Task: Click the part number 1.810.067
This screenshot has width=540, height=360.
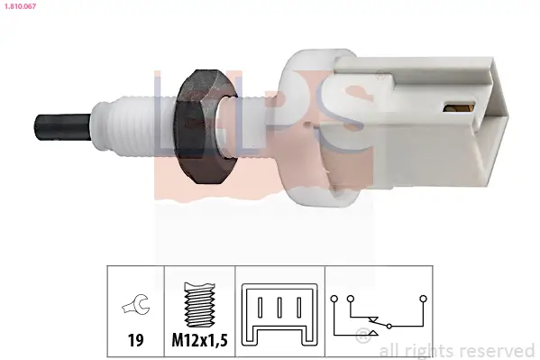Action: coord(21,5)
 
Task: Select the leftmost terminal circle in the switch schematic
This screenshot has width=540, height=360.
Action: coord(334,297)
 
